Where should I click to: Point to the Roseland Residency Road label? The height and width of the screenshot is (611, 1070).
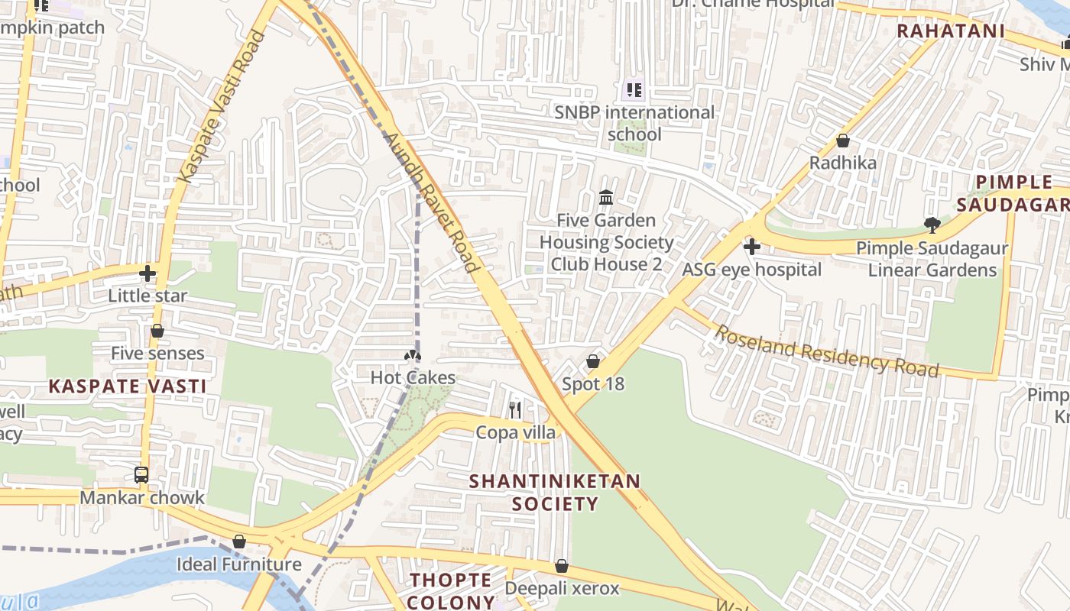[826, 349]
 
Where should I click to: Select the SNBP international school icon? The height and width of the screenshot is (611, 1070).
[634, 90]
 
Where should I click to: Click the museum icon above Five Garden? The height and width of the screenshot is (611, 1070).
[606, 198]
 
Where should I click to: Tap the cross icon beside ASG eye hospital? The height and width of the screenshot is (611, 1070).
[752, 247]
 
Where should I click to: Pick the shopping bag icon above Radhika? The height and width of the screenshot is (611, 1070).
[843, 141]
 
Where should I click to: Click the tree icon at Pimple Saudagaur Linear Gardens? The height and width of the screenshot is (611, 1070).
[932, 225]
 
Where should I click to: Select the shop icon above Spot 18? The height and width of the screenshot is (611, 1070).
[593, 361]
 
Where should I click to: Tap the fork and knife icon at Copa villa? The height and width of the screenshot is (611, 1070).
[515, 410]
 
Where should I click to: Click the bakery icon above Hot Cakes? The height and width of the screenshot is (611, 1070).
[413, 355]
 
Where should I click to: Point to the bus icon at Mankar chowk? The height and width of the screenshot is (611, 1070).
[141, 475]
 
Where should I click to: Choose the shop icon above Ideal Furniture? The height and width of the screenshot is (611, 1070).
[239, 541]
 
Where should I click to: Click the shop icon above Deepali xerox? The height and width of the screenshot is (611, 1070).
[562, 566]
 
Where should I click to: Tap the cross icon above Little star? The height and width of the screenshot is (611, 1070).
[148, 273]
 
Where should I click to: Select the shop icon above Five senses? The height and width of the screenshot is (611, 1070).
[157, 331]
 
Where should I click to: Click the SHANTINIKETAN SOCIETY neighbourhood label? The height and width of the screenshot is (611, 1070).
[555, 493]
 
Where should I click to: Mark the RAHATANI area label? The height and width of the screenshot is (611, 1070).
[950, 31]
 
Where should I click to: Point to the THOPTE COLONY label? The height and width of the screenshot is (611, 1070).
[451, 590]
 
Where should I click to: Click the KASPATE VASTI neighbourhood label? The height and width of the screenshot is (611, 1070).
[128, 386]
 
